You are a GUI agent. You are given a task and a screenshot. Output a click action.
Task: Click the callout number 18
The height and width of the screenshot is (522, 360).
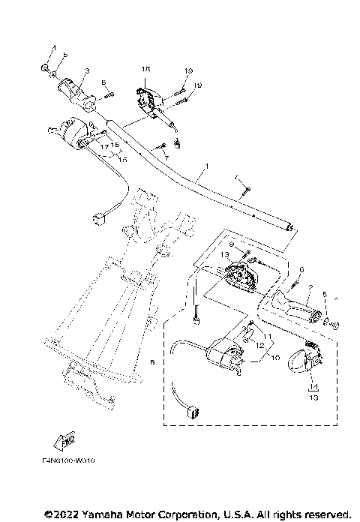point(146,68)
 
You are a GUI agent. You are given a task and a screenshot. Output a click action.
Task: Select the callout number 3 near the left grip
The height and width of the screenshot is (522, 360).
point(86,71)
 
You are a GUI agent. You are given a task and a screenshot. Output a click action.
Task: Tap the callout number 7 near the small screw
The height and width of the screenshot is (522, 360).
point(166,159)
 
